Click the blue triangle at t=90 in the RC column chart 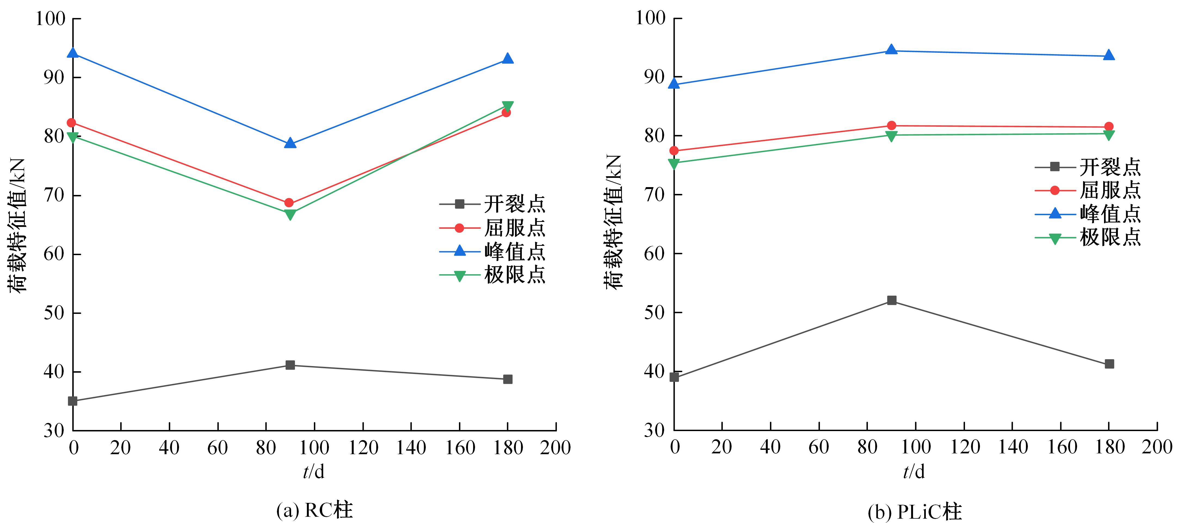(x=290, y=143)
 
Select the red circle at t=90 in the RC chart (x=289, y=203)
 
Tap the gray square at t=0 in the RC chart (x=73, y=401)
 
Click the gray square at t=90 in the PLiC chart (x=892, y=300)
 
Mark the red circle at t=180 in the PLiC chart (x=1109, y=126)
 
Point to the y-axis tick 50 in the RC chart (x=54, y=313)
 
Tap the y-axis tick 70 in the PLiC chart (x=655, y=194)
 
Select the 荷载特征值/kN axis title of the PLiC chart (x=613, y=222)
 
